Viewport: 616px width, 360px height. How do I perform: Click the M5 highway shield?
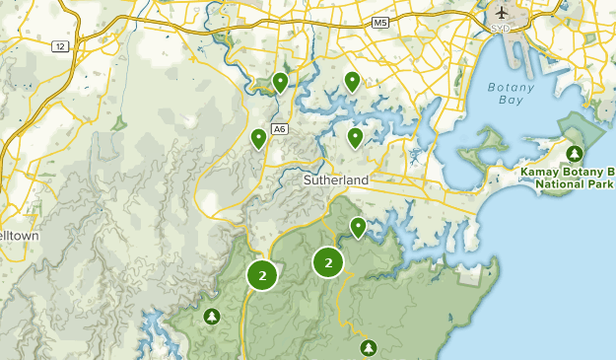[379, 22]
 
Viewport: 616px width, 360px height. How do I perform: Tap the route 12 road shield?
[60, 46]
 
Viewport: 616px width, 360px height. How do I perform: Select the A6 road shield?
[280, 128]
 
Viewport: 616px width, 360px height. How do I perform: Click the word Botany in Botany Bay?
[510, 87]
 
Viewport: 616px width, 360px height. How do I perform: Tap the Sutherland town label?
[335, 180]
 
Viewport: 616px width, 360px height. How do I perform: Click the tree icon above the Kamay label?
[575, 154]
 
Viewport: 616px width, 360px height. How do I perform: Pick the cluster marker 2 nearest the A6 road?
[262, 275]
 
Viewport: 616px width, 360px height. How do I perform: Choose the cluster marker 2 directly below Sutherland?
[328, 262]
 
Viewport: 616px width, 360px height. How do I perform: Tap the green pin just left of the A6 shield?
[259, 138]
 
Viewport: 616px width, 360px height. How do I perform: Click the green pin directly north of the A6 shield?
[281, 82]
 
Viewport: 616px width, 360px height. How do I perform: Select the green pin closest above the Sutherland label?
[355, 137]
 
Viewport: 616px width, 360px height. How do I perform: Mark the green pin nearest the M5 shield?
[352, 81]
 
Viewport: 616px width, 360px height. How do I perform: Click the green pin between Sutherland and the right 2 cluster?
[359, 228]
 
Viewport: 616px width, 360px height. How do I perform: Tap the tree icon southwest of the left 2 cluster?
[211, 317]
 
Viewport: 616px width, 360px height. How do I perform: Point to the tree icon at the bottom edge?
[369, 347]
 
